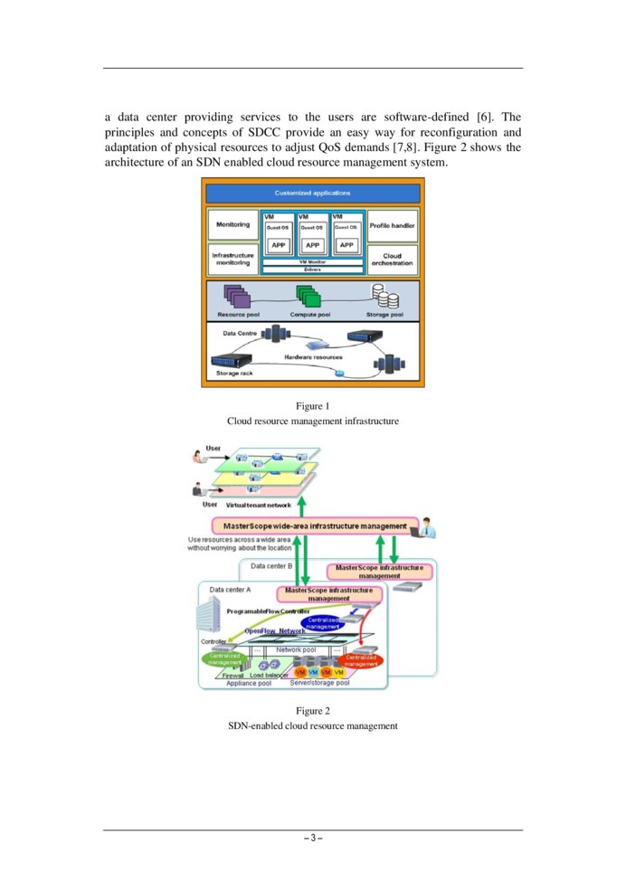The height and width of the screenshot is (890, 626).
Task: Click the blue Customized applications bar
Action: pos(312,194)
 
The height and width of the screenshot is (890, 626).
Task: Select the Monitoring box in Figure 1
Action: pos(233,225)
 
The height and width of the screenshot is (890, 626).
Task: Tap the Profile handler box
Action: pos(392,225)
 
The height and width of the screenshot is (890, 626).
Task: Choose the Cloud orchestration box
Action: pos(392,260)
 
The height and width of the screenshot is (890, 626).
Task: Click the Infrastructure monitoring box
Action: pos(233,260)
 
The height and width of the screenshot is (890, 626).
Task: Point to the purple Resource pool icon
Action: pos(236,297)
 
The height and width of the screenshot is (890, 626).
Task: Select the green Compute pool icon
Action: pos(308,296)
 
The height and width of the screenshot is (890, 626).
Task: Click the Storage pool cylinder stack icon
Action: pos(386,297)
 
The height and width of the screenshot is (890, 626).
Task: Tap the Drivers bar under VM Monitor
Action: pos(312,270)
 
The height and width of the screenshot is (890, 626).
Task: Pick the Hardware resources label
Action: pos(312,358)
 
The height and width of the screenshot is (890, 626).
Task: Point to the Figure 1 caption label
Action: pos(312,406)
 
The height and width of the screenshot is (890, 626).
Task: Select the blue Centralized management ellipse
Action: pos(322,622)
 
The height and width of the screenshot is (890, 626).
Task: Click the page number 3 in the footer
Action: pos(312,838)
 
